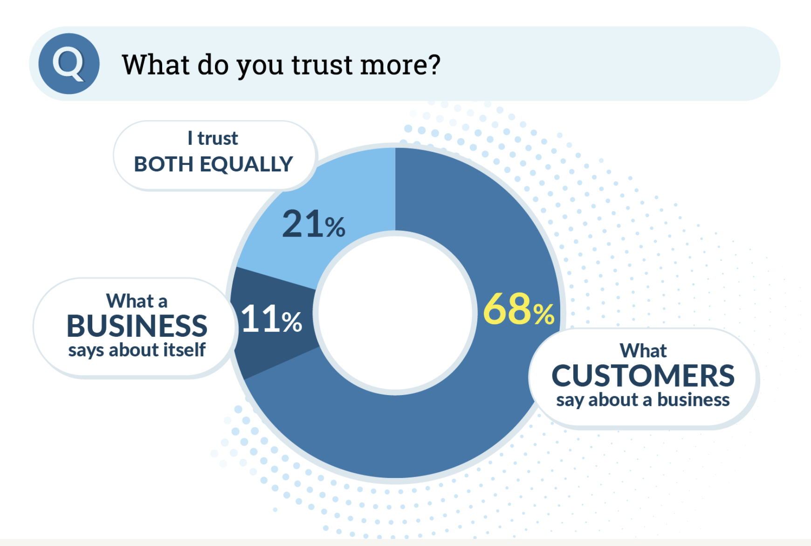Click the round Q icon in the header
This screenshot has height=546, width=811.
(69, 63)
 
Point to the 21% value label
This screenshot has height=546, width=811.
(313, 224)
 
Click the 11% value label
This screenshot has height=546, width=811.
(271, 319)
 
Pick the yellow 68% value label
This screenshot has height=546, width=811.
(518, 310)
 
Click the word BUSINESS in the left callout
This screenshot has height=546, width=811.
(137, 326)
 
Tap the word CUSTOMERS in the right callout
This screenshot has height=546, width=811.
(643, 375)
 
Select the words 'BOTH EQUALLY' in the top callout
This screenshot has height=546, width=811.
(213, 164)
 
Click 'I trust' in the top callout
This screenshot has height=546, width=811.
(213, 138)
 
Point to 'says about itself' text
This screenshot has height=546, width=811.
(137, 350)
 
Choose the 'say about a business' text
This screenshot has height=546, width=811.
(643, 400)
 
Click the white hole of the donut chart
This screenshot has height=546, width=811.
(395, 312)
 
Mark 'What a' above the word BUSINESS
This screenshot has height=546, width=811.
(137, 301)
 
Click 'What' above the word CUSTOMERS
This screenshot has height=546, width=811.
(643, 350)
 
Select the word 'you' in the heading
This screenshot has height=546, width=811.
(260, 65)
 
